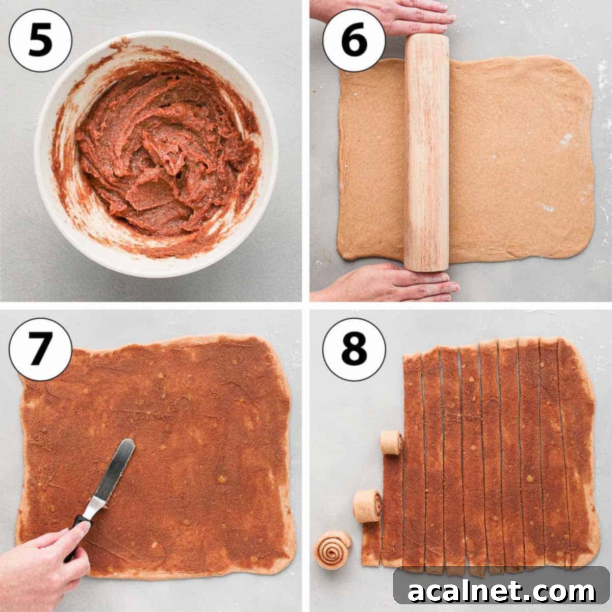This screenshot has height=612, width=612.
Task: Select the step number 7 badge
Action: pyautogui.click(x=40, y=350)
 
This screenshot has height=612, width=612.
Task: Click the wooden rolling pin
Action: pyautogui.click(x=426, y=153)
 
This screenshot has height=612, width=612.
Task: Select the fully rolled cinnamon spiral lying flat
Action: pyautogui.click(x=333, y=549)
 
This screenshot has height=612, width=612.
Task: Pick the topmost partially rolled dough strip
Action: pyautogui.click(x=392, y=440)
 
